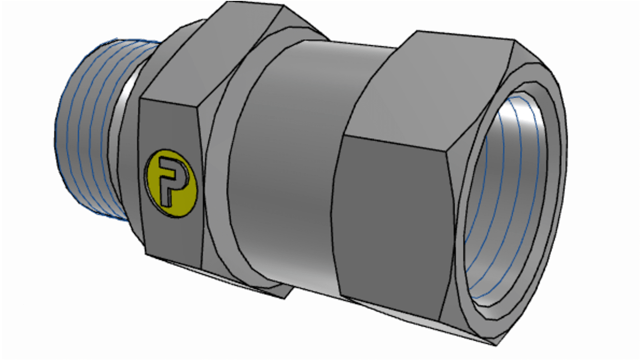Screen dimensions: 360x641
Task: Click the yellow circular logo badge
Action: click(x=171, y=183)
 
